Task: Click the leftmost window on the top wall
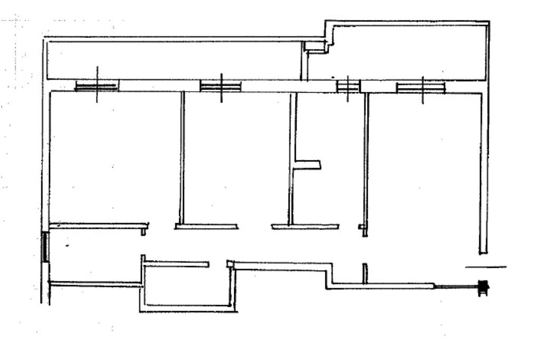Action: pyautogui.click(x=97, y=86)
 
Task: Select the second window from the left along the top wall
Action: pyautogui.click(x=220, y=86)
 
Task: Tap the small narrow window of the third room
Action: pyautogui.click(x=348, y=85)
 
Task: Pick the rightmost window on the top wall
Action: pyautogui.click(x=421, y=87)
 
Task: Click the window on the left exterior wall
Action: pyautogui.click(x=45, y=247)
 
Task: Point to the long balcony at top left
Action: pyautogui.click(x=174, y=60)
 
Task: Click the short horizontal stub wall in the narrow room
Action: pyautogui.click(x=308, y=165)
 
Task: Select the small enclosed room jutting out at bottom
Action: pyautogui.click(x=187, y=285)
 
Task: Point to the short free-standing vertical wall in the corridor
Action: pyautogui.click(x=364, y=274)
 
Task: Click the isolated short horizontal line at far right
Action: pyautogui.click(x=486, y=267)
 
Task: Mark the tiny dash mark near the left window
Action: pyautogui.click(x=67, y=246)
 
